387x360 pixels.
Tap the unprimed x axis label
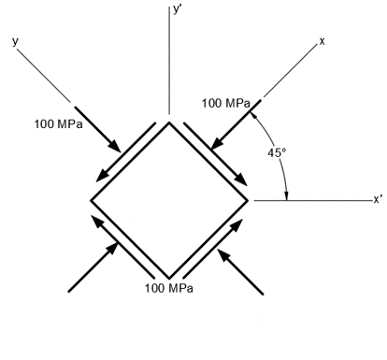(322, 41)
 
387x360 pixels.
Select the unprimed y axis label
(15, 41)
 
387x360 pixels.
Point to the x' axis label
(377, 199)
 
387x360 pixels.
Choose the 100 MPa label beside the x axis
(225, 104)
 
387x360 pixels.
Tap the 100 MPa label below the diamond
(168, 288)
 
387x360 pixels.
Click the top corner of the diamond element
(169, 122)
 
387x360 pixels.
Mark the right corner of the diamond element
(248, 200)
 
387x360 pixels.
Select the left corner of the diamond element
(91, 200)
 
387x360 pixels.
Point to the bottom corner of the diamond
(169, 278)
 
